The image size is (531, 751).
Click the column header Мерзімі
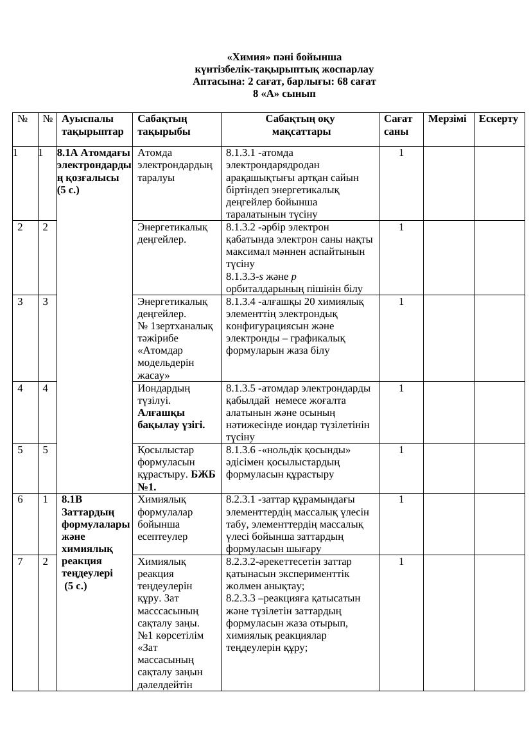tap(447, 119)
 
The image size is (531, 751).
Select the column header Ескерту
tap(498, 119)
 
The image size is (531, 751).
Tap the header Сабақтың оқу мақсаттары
tap(300, 126)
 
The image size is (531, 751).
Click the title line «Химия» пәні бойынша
tap(284, 57)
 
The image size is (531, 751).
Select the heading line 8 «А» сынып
tap(284, 94)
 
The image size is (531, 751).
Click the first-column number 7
tap(21, 561)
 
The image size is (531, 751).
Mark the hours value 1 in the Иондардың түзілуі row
tap(401, 388)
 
